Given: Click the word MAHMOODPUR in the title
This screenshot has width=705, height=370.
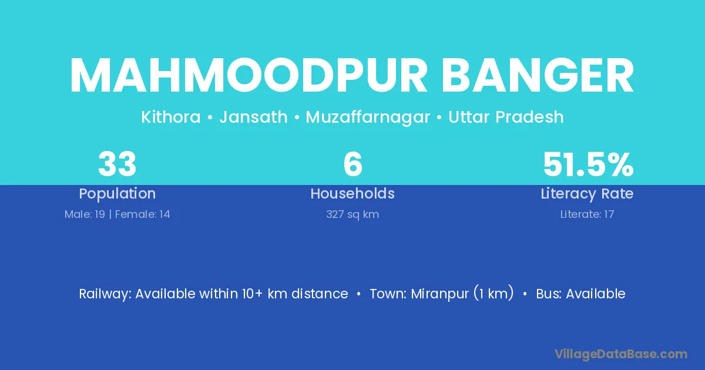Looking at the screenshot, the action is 249,76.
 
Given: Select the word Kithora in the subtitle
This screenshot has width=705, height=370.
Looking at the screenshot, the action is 171,117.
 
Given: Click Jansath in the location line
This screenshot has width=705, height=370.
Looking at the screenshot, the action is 253,117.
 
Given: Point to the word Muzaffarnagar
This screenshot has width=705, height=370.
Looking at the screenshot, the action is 368,117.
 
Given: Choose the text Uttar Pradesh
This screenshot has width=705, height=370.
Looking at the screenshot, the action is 506,117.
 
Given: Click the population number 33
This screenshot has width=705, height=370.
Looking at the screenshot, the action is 117,164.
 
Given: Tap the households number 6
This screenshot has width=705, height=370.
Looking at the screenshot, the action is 353,164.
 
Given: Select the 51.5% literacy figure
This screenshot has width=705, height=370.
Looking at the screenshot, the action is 588,164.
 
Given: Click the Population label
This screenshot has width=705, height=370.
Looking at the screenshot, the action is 117,194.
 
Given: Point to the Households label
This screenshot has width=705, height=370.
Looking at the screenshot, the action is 352,193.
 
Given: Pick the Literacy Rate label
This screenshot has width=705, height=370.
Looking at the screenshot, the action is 587,194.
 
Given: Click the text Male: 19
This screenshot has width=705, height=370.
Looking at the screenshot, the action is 85,214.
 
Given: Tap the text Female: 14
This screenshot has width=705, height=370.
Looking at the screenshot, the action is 143,214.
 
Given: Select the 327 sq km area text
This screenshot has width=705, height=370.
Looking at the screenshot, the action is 352,214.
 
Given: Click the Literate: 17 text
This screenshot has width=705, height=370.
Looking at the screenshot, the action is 587,214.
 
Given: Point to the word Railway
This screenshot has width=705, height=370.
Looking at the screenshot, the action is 105,294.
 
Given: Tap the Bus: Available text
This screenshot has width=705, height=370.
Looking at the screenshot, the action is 580,294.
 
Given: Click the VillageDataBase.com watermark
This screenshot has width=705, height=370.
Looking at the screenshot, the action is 621,354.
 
